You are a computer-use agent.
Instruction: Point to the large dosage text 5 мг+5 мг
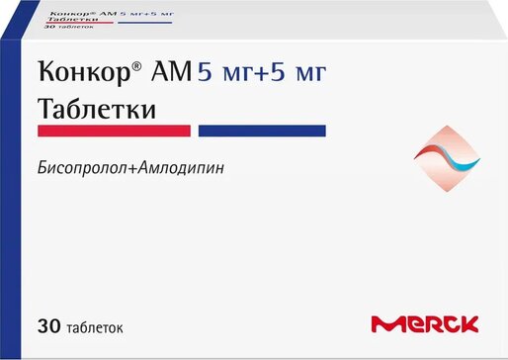click(262, 72)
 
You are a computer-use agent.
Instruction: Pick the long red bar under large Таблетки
click(114, 130)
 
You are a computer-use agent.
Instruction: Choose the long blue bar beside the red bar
click(262, 130)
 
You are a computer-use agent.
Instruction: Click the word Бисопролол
click(82, 168)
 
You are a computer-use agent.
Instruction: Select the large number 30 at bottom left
click(47, 322)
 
